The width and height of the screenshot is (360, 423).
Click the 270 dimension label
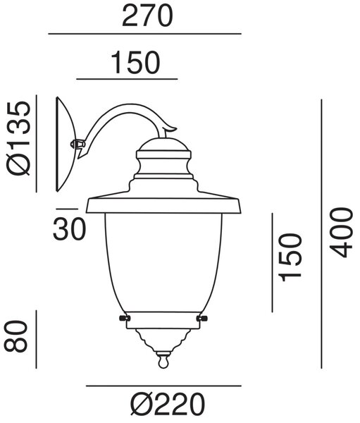[x=147, y=16]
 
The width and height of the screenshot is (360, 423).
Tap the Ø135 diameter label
[x=19, y=138]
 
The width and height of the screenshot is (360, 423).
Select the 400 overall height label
[x=342, y=232]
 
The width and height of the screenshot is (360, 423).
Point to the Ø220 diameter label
[x=167, y=404]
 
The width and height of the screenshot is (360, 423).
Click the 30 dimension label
[x=69, y=229]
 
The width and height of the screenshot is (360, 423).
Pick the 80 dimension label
[x=16, y=336]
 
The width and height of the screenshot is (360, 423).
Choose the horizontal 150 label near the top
[x=136, y=63]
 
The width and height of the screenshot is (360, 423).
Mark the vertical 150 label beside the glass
[x=290, y=257]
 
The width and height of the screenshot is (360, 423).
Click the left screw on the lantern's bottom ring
[x=125, y=319]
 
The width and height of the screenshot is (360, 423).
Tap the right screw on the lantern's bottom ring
[x=202, y=319]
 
